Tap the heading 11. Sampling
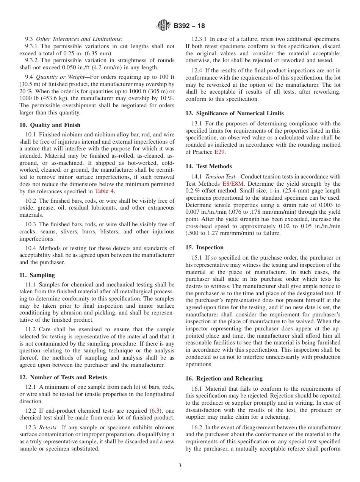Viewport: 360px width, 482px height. coord(37,275)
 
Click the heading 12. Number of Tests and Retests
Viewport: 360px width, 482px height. coord(63,377)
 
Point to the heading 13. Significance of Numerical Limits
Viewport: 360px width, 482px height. coord(235,113)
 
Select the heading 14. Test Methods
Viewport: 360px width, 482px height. coord(208,166)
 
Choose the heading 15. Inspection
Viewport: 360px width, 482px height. coord(205,247)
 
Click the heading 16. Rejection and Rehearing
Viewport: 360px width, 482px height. coord(224,379)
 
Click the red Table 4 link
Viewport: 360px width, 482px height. coord(104,191)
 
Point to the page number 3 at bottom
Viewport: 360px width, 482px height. coord(180,466)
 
